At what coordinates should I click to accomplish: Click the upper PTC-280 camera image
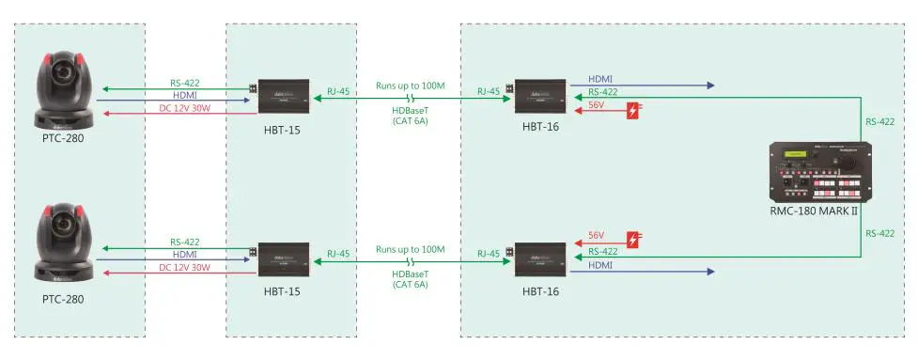click(64, 91)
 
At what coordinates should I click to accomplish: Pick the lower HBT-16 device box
click(538, 256)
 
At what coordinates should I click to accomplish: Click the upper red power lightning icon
click(635, 111)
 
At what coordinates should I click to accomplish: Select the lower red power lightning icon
click(635, 241)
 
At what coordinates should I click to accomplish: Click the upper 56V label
click(596, 105)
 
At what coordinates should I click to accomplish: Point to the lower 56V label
click(596, 234)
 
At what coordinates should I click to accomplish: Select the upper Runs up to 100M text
click(410, 86)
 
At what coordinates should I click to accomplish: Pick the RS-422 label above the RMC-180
click(879, 121)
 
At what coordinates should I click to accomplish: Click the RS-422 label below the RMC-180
click(879, 232)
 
